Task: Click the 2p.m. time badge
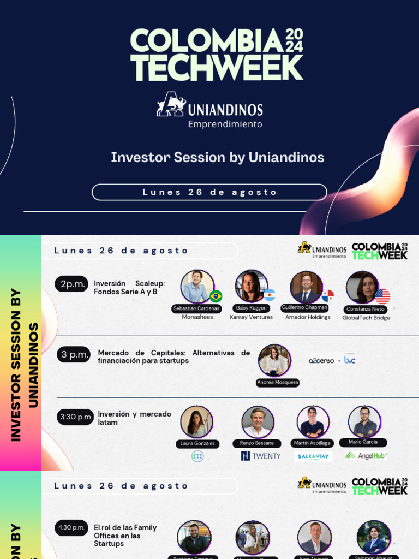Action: click(x=71, y=284)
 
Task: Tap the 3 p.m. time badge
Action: click(x=74, y=355)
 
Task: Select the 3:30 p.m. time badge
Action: click(x=75, y=417)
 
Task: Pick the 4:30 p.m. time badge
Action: click(x=71, y=527)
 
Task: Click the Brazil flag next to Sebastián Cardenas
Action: click(x=216, y=296)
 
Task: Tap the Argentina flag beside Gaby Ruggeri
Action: click(x=269, y=295)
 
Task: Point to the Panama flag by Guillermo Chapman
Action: click(x=327, y=295)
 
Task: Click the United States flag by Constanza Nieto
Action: click(x=382, y=296)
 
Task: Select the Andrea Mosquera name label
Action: click(x=278, y=383)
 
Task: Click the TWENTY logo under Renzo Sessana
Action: click(x=260, y=456)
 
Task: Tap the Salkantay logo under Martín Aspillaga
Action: click(x=313, y=456)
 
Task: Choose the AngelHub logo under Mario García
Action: click(x=366, y=455)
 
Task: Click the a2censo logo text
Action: click(x=321, y=361)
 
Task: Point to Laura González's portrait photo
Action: click(x=196, y=422)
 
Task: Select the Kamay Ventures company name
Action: click(x=251, y=317)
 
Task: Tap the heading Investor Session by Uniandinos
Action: click(x=218, y=158)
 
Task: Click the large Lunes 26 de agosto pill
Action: click(x=209, y=192)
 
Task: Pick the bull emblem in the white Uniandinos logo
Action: click(x=170, y=104)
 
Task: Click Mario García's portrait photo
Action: click(x=364, y=421)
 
